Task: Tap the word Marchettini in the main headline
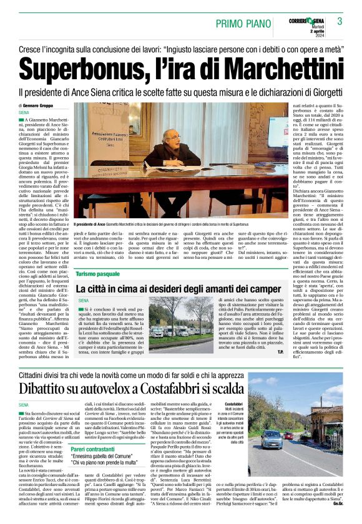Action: (250, 67)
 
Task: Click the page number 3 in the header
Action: (340, 21)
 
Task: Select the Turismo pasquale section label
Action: (97, 274)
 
